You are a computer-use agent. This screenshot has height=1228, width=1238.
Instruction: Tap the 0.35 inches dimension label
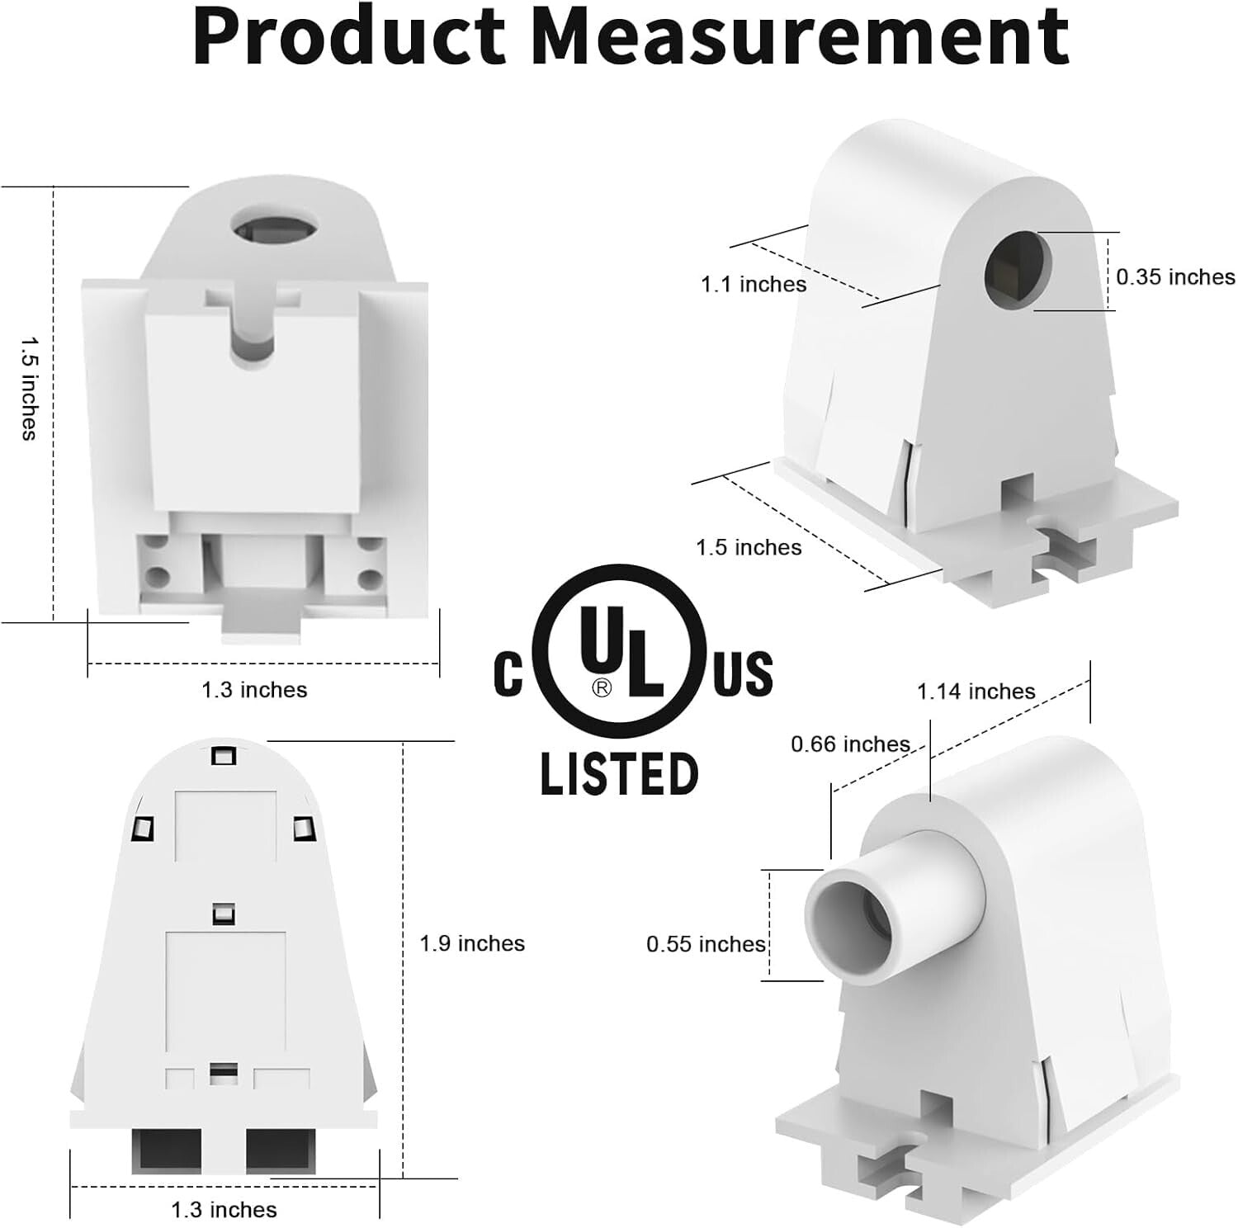tap(1175, 277)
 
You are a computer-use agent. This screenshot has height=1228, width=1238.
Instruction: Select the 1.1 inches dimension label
tap(754, 285)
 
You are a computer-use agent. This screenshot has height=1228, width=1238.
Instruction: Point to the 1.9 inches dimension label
tap(472, 943)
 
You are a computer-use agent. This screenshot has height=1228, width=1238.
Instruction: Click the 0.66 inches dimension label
tap(850, 744)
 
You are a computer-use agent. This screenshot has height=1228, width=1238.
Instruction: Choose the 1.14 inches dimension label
tap(976, 692)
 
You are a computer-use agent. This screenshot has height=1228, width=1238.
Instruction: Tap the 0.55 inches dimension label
tap(706, 944)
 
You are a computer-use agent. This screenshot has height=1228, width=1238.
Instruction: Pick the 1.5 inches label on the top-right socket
tap(749, 548)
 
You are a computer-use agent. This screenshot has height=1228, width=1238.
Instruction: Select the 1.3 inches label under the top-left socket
tap(254, 690)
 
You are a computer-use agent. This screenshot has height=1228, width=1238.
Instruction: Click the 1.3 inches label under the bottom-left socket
tap(224, 1210)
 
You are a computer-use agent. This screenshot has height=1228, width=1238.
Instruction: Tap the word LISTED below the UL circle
tap(619, 774)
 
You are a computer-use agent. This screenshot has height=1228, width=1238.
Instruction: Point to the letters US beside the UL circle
tap(743, 673)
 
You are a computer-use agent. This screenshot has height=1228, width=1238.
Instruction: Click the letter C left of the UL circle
tap(508, 673)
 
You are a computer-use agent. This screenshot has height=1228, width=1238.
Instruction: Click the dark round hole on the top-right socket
tap(1018, 268)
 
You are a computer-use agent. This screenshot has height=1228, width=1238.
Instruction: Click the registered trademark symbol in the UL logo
tap(602, 687)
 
